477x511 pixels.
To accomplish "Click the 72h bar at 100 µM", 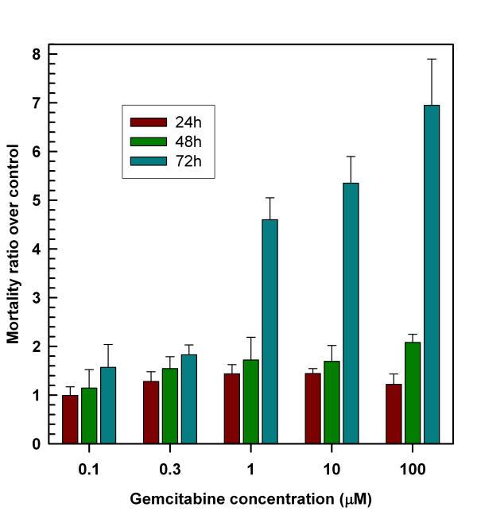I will click(x=431, y=274).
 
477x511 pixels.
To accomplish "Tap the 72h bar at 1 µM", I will click(x=270, y=331).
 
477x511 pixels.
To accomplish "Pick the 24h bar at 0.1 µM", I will click(x=70, y=419).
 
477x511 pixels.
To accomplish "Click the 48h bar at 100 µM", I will click(x=412, y=393).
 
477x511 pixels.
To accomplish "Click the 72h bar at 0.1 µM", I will click(x=108, y=405).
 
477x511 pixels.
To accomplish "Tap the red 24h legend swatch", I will click(x=148, y=122).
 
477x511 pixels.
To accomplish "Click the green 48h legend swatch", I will click(x=148, y=141).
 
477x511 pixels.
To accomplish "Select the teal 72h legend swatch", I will click(x=148, y=161).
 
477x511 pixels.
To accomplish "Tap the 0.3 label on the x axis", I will click(x=169, y=469).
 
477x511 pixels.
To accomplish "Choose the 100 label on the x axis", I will click(x=412, y=469).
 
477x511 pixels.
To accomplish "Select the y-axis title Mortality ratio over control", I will click(x=14, y=243).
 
